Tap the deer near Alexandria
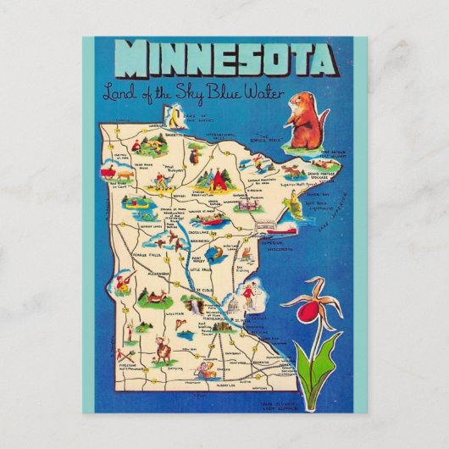pyautogui.click(x=155, y=297)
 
